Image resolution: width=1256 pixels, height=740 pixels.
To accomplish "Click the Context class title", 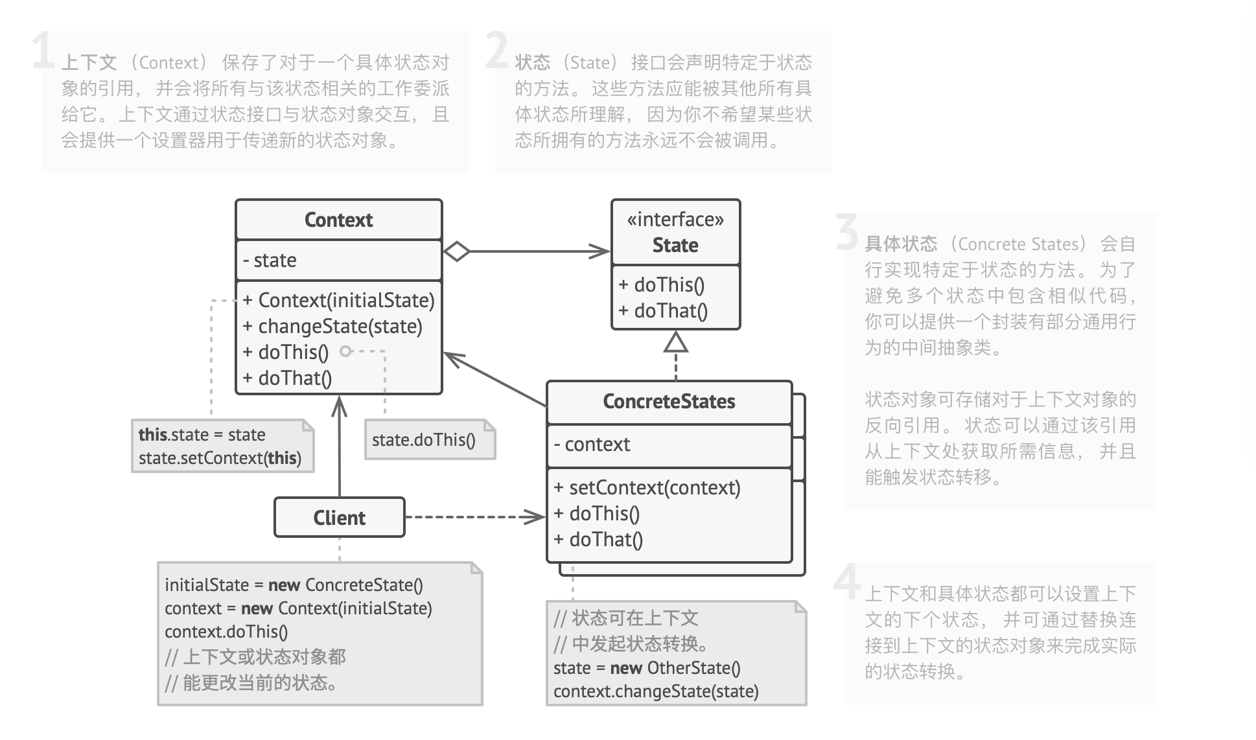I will tap(338, 220).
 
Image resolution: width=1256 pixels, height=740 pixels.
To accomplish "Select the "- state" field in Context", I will tap(270, 260).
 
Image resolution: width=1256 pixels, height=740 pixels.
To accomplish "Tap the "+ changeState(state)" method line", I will tap(332, 327).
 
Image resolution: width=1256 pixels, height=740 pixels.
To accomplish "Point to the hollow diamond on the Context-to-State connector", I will tap(457, 251).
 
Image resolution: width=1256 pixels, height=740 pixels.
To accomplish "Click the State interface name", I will tap(675, 246).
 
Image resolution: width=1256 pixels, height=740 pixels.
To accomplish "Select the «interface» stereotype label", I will tap(675, 220).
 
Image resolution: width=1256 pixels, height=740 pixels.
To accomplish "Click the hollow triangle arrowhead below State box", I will tap(676, 342).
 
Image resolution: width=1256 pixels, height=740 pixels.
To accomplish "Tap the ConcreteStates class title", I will tap(669, 402).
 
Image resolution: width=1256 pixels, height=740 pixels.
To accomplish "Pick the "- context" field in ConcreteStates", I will tap(592, 445).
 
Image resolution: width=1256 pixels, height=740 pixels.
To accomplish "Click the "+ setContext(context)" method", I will tap(647, 488).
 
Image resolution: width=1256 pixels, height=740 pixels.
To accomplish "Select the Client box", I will tap(340, 518).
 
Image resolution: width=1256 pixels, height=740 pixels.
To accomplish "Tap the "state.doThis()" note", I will tap(424, 441).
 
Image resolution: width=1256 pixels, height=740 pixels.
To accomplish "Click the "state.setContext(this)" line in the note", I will tap(220, 458).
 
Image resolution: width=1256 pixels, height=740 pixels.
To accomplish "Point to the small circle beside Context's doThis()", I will tap(346, 351).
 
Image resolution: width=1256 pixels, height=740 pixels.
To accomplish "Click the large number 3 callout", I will tap(848, 232).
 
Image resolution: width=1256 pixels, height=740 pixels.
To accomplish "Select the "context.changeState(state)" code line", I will tap(656, 691).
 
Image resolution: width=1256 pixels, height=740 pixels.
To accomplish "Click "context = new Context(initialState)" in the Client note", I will tap(298, 608).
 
